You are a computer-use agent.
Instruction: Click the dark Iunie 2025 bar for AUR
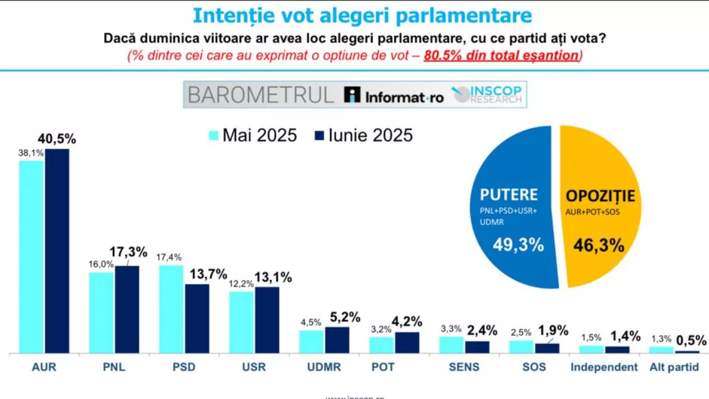pos(57,250)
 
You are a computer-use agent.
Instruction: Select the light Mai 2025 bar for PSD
pos(171,309)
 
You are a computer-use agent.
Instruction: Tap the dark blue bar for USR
pos(267,320)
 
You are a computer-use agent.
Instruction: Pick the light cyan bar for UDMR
pos(311,342)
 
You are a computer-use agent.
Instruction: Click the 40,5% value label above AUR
pos(57,139)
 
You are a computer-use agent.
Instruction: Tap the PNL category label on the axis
pos(114,367)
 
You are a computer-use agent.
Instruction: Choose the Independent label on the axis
pos(604,367)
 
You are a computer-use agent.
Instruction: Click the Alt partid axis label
pos(674,367)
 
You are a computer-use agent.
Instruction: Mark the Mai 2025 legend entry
pos(253,136)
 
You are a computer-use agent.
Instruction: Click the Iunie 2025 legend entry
pos(363,136)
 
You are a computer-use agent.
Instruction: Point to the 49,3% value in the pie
pos(518,245)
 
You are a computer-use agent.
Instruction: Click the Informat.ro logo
pos(394,96)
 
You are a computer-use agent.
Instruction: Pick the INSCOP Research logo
pos(488,95)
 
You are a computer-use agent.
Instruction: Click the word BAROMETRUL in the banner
pos(261,95)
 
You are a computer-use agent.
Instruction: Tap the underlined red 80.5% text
pos(445,56)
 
